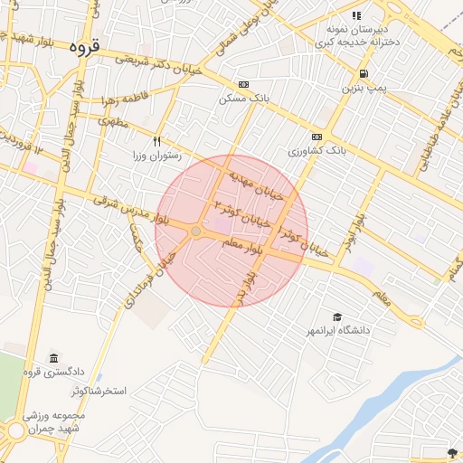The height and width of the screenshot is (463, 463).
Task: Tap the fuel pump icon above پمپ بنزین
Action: tap(364, 74)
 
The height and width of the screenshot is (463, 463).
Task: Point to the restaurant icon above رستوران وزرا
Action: tap(157, 141)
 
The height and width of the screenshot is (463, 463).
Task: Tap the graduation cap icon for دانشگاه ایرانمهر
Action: tap(337, 317)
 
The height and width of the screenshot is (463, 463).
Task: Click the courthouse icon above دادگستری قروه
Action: tap(54, 358)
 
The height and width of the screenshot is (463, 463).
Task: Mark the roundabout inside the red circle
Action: tap(195, 232)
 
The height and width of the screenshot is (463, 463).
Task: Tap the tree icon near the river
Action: tap(451, 450)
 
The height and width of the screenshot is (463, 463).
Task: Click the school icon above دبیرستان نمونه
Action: tap(356, 15)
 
